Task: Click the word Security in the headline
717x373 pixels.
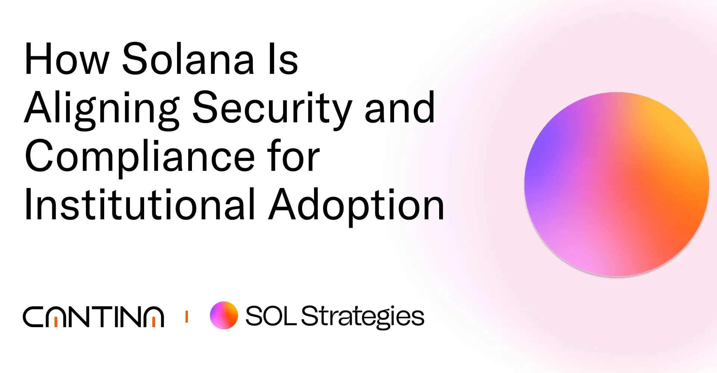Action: coord(272,108)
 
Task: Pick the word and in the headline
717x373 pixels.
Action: coord(400,108)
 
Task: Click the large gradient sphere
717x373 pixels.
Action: coord(617,184)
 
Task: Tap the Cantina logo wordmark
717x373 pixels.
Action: coord(93,317)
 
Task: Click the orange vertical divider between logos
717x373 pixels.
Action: coord(186,317)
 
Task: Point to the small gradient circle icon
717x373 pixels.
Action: coord(224,316)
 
